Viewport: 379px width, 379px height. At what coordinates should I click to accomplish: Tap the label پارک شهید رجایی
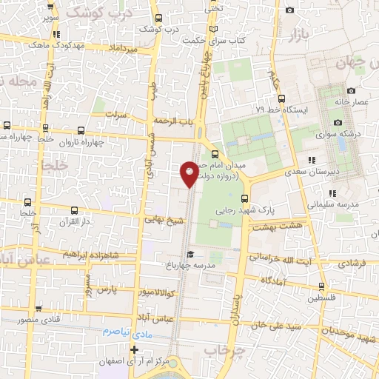pos(244,210)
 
